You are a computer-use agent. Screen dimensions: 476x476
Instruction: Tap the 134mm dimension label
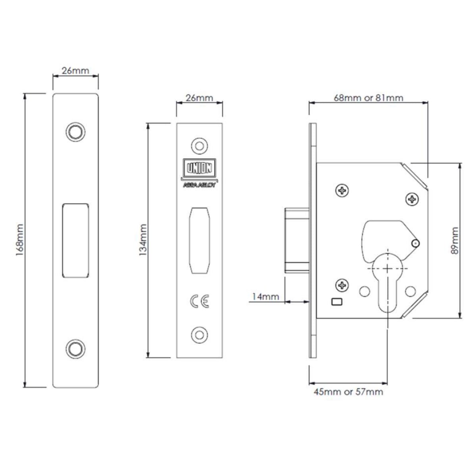(143, 240)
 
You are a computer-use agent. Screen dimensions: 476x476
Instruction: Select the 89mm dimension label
(455, 240)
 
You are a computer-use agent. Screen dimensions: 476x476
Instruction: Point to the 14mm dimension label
(265, 296)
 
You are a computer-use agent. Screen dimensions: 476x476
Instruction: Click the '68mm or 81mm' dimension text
(369, 98)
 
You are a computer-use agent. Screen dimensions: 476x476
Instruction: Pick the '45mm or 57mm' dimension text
(349, 392)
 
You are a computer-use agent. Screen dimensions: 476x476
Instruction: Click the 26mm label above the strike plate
(75, 71)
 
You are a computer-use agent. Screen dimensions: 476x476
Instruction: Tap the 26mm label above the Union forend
(200, 98)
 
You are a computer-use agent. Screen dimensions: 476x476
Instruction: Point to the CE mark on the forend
(200, 301)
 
